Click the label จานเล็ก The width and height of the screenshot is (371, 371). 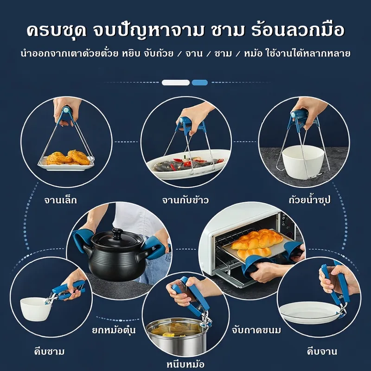coord(61,200)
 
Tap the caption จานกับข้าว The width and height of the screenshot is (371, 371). coord(185,200)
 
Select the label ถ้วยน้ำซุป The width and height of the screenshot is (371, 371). coord(309,200)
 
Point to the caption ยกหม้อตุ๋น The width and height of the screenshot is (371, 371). coord(114,329)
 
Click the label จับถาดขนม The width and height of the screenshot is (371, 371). coord(256,330)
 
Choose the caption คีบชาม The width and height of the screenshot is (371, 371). coord(49,351)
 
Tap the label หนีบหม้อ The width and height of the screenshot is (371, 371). coord(185,364)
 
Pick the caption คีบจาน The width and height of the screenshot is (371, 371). coord(322,351)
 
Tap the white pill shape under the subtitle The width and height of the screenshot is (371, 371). coord(176,83)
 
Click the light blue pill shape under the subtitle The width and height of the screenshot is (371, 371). coord(200,83)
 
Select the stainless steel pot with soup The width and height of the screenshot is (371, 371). coord(176,335)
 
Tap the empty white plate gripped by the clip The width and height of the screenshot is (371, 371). coord(310,312)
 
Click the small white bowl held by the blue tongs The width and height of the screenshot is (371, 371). coord(36,309)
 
